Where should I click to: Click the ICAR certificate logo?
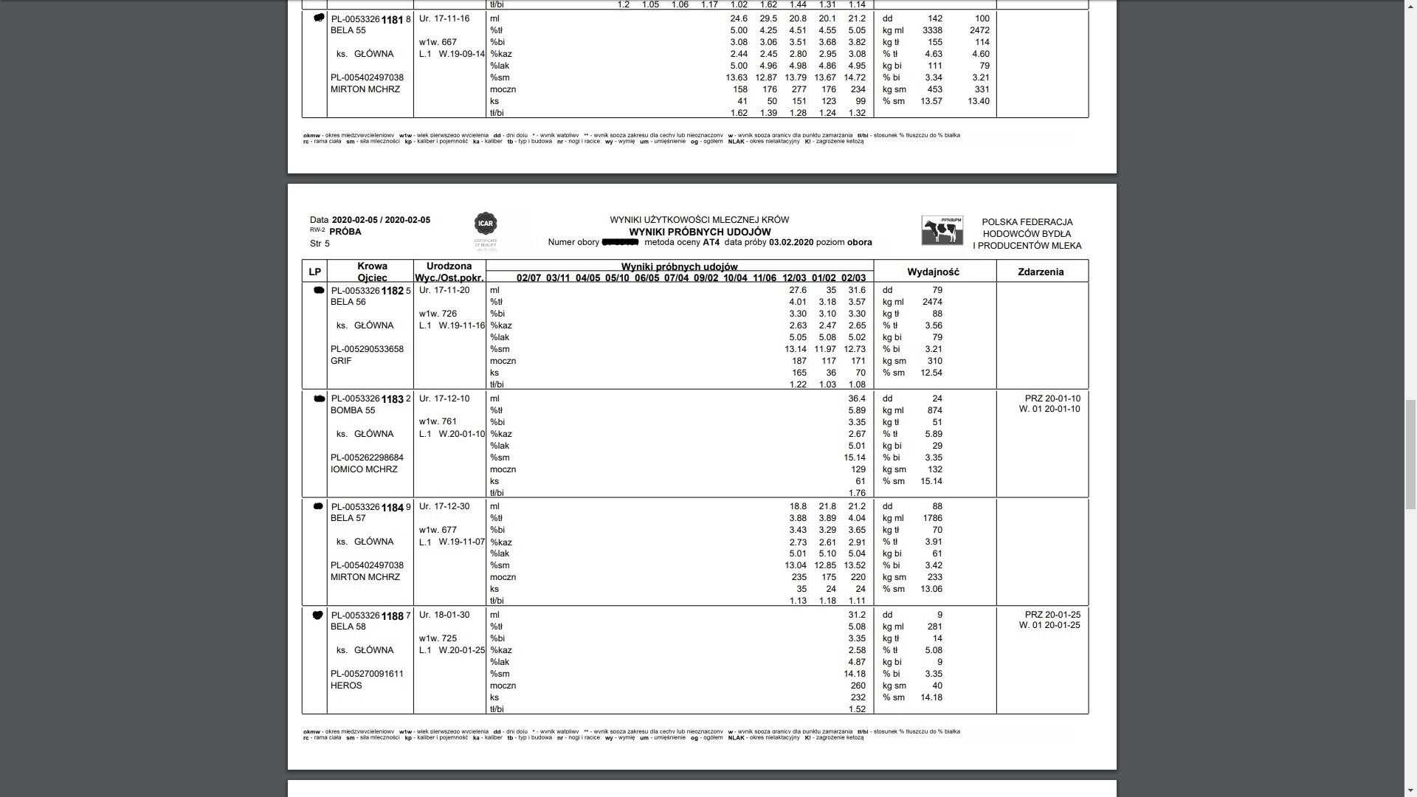click(x=486, y=224)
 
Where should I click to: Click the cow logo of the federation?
click(x=942, y=230)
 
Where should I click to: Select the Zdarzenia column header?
click(x=1041, y=272)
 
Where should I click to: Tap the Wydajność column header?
click(x=933, y=272)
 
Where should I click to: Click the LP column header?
click(x=314, y=272)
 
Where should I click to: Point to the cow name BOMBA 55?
click(x=353, y=410)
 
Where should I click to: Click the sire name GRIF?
click(x=341, y=361)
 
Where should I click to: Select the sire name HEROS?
click(x=346, y=686)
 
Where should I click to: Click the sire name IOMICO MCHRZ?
click(x=364, y=469)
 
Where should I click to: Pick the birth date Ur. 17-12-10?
click(x=444, y=398)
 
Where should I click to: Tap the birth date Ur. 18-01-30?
click(x=444, y=615)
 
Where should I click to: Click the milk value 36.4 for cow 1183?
click(x=857, y=398)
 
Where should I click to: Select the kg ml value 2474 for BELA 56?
click(x=932, y=302)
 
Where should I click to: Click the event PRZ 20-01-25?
click(x=1052, y=615)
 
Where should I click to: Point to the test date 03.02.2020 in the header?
click(x=791, y=242)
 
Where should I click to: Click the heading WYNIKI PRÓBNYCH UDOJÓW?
click(x=700, y=232)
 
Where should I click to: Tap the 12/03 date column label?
click(x=794, y=278)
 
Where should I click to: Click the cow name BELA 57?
click(x=348, y=518)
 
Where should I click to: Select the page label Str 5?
click(x=320, y=244)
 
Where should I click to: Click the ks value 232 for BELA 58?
click(x=858, y=697)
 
